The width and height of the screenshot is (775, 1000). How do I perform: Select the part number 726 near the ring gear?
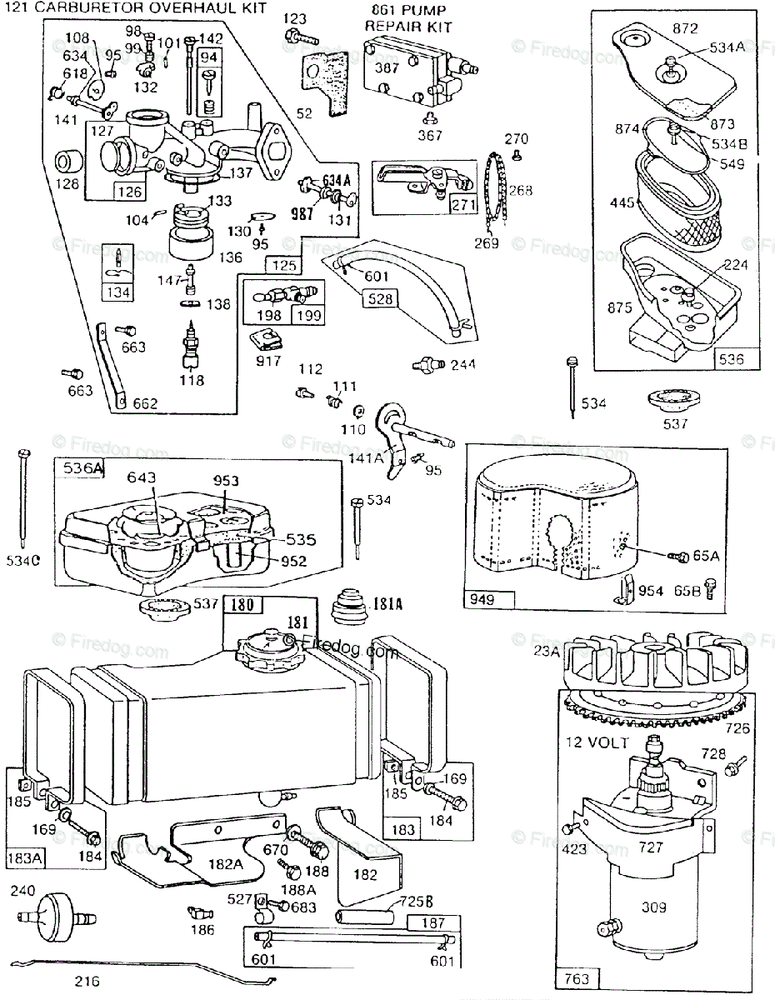(737, 728)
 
